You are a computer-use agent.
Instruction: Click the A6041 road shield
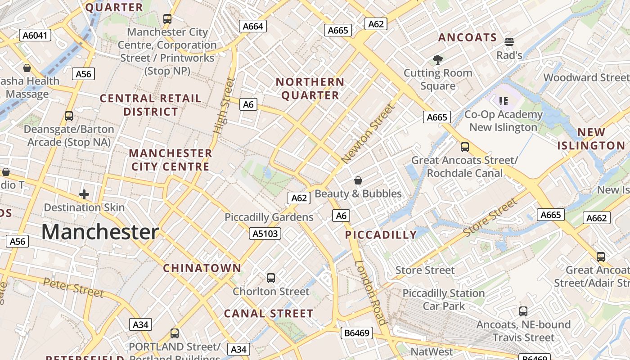pos(35,35)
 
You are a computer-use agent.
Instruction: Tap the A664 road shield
pos(252,26)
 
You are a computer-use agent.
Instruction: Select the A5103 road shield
pos(265,234)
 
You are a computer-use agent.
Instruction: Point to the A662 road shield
pos(597,218)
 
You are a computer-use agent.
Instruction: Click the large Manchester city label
pos(100,232)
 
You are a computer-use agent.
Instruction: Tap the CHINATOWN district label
pos(202,268)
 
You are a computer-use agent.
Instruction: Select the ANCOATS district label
pos(468,38)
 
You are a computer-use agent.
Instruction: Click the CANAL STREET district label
pos(269,314)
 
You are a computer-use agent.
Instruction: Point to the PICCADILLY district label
pos(381,234)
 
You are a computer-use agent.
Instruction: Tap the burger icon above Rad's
pos(509,42)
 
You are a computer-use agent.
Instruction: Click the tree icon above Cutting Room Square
pos(437,59)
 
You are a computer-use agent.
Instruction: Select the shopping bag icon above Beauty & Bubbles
pos(358,180)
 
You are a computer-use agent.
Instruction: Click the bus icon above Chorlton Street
pos(271,278)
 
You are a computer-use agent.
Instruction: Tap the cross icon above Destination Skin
pos(84,194)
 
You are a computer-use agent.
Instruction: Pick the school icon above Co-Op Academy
pos(504,101)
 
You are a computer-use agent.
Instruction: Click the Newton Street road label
pos(368,134)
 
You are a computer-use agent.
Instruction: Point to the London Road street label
pos(370,292)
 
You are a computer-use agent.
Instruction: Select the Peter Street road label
pos(73,288)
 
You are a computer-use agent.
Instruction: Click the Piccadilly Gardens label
pos(269,217)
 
